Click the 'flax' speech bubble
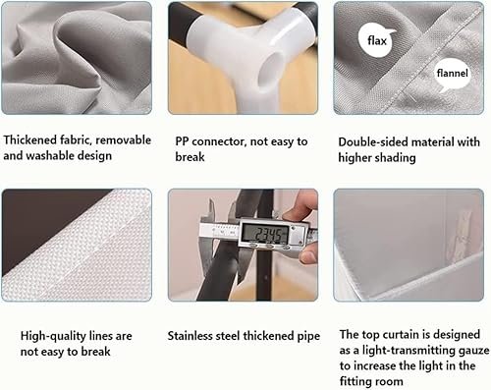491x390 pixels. click(376, 40)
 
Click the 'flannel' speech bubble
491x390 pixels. click(453, 74)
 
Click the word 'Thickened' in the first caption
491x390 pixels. click(30, 140)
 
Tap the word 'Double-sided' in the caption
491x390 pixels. click(369, 142)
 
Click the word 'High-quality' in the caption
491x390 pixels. click(53, 336)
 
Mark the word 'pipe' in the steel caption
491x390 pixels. click(308, 337)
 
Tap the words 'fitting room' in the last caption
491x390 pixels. click(371, 381)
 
